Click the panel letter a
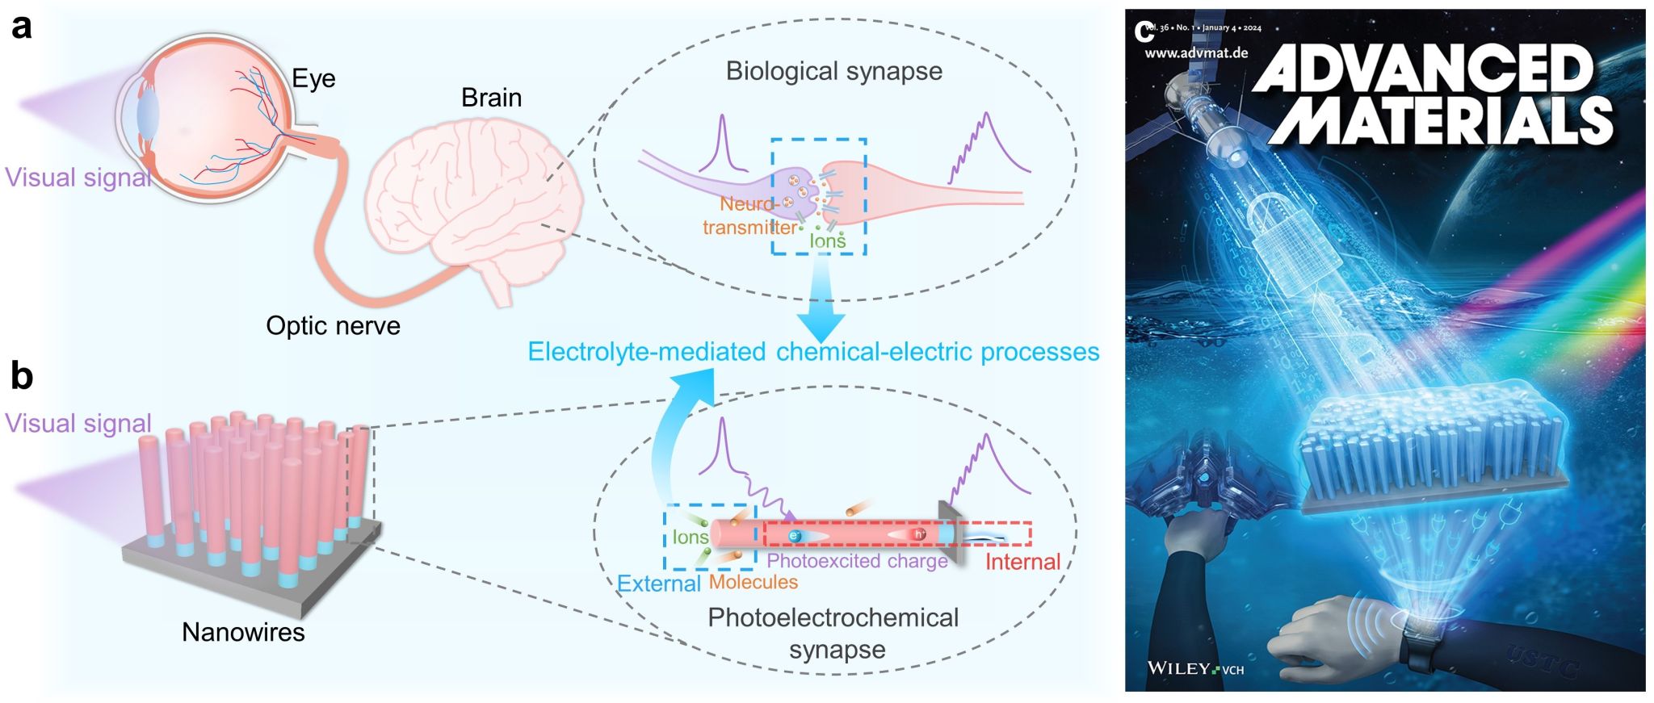tap(22, 27)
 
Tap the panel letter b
tap(22, 376)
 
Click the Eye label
tap(313, 79)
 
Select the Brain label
tap(491, 98)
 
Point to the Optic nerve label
tap(333, 326)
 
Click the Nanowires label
tap(243, 632)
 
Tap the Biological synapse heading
tap(833, 71)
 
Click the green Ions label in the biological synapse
tap(828, 241)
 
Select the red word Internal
tap(1022, 562)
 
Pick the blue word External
tap(659, 584)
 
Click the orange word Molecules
tap(754, 582)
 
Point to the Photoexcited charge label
tap(857, 561)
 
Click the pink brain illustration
tap(472, 202)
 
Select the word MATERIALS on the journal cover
tap(1442, 121)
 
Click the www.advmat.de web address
tap(1196, 53)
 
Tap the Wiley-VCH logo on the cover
tap(1195, 669)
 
